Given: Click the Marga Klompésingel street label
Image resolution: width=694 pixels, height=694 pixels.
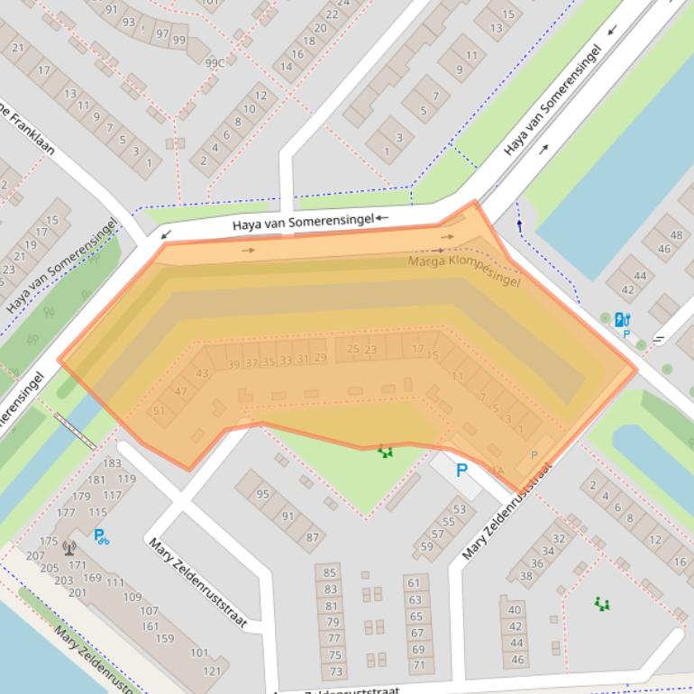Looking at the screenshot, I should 464,271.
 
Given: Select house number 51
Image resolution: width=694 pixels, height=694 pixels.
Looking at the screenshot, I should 160,411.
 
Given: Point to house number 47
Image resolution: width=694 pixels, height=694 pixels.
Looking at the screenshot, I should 181,392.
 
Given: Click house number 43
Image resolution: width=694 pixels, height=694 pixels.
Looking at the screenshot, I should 202,373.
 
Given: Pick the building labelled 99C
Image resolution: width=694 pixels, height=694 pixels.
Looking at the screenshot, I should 215,63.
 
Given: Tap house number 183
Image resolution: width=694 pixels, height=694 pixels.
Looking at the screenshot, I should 112,463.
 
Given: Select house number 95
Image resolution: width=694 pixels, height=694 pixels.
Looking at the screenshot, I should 262,494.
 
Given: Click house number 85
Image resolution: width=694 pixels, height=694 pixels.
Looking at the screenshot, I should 330,572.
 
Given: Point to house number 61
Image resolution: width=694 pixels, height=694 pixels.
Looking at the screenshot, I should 415,583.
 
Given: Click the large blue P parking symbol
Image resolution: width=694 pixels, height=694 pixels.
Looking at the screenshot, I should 462,470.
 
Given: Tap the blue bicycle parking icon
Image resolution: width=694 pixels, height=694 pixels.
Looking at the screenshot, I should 101,536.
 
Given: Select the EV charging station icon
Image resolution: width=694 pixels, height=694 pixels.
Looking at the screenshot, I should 622,319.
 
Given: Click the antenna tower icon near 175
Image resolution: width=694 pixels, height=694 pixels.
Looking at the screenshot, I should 69,546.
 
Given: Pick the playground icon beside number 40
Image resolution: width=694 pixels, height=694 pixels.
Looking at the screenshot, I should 601,603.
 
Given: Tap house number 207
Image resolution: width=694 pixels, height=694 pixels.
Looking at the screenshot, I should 35,555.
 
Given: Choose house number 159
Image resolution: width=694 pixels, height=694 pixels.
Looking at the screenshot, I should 164,638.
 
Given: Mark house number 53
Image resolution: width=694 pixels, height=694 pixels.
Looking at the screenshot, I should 460,510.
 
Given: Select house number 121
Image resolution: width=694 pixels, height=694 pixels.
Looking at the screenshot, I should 212,671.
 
